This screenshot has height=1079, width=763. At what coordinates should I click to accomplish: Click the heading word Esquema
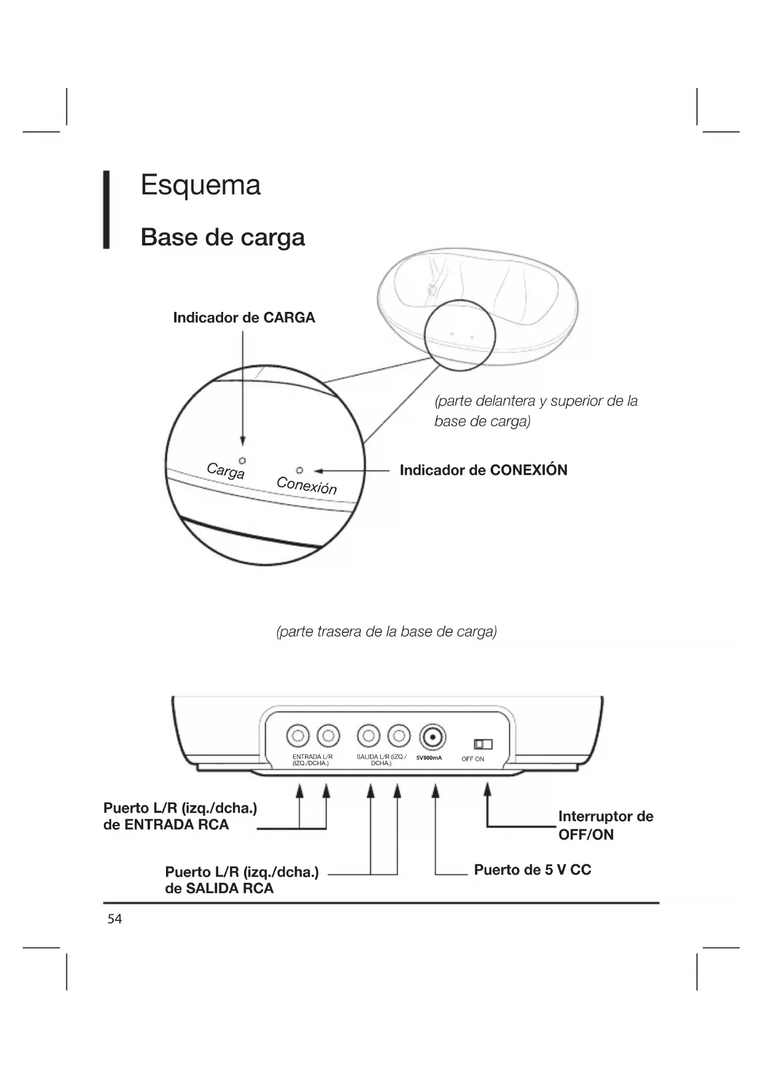(200, 185)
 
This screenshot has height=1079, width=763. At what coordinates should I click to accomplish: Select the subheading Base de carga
(223, 237)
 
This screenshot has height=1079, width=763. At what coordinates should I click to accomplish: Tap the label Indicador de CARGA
(243, 318)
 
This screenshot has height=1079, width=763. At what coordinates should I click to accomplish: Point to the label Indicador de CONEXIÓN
(483, 471)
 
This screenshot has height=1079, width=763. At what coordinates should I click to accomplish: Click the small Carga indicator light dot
(242, 460)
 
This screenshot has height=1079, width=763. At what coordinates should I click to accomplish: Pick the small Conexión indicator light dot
(299, 471)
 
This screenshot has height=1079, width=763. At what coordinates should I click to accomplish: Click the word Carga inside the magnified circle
(226, 471)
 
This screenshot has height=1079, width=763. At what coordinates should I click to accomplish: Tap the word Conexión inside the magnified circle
(307, 485)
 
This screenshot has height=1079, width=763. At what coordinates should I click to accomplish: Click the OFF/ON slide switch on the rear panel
(483, 744)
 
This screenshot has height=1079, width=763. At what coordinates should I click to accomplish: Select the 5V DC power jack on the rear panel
(433, 736)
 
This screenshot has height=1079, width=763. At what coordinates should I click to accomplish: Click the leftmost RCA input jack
(298, 735)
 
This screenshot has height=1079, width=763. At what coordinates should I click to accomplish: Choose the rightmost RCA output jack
(399, 735)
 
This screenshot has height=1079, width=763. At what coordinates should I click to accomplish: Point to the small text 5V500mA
(429, 758)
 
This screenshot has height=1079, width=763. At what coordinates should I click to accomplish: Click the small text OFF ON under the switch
(473, 759)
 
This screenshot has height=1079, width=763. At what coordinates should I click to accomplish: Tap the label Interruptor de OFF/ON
(605, 826)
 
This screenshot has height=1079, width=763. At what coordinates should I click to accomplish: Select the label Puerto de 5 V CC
(532, 870)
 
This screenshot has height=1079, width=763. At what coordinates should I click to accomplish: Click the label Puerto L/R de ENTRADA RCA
(180, 816)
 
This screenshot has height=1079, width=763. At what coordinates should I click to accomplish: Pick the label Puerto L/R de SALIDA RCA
(242, 880)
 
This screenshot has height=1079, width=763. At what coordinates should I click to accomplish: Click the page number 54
(115, 919)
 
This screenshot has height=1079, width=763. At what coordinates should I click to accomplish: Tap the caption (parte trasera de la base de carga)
(387, 632)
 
